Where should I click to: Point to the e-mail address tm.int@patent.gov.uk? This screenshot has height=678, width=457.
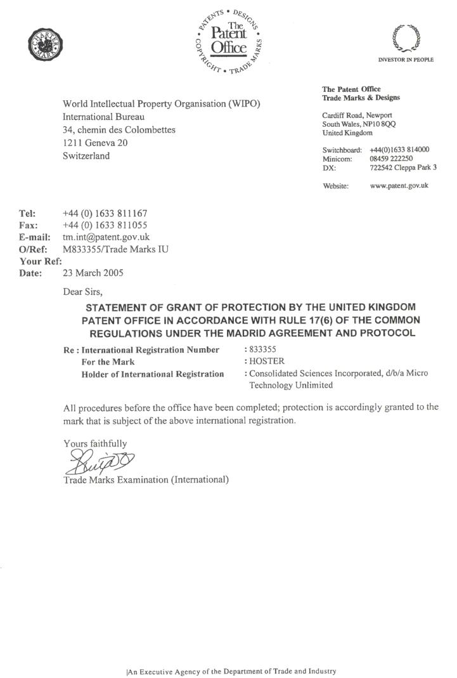coord(106,237)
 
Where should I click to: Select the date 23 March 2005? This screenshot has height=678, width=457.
coord(93,273)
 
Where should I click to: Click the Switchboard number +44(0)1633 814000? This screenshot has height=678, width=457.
coord(399,150)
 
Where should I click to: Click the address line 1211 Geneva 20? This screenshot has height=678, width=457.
coord(95,143)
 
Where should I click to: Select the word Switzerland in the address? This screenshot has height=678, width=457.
coord(86,155)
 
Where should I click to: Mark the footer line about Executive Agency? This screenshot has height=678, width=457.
coord(231,671)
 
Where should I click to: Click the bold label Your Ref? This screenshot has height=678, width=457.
coord(41,261)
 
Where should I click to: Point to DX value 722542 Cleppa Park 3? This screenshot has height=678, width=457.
coord(399,169)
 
